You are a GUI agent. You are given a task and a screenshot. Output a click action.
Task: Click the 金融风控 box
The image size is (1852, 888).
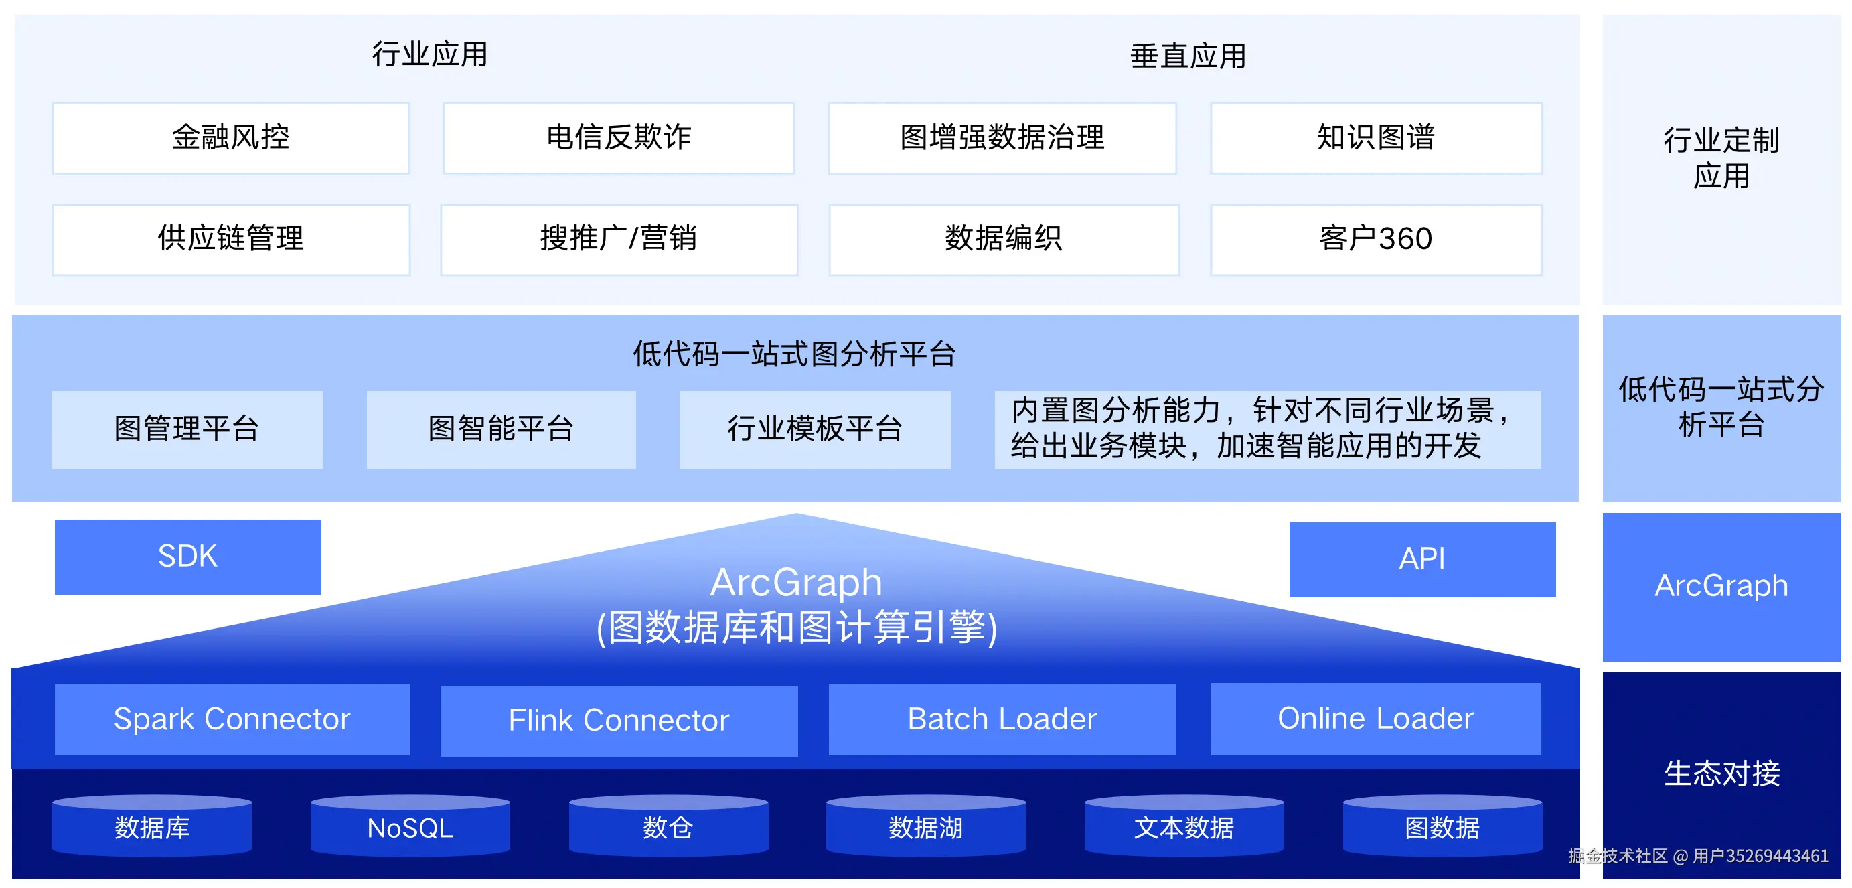[x=231, y=138]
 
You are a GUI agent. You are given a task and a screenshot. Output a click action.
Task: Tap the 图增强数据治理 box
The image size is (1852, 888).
[x=1002, y=138]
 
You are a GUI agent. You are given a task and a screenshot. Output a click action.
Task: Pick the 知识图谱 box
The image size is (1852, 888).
[x=1375, y=138]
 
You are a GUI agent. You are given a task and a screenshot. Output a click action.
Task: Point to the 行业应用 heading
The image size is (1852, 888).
[x=429, y=55]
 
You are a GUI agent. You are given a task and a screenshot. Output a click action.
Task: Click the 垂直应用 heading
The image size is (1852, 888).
[x=1188, y=56]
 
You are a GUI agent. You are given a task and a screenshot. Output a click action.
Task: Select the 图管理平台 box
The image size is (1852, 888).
[x=187, y=429]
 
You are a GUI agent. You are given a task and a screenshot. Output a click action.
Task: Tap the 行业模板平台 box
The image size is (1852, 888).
[x=815, y=429]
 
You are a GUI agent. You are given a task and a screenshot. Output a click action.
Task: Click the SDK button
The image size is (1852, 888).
[x=187, y=557]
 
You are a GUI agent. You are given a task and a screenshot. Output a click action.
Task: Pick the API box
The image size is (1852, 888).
[x=1421, y=559]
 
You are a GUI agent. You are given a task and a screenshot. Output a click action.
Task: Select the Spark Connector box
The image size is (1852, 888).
[x=232, y=719]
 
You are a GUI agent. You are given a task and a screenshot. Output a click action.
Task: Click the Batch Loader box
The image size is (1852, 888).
[x=1002, y=719]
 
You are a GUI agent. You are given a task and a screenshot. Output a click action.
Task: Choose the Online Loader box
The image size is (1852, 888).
[x=1375, y=719]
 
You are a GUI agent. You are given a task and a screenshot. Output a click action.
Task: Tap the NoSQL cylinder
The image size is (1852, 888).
[x=410, y=828]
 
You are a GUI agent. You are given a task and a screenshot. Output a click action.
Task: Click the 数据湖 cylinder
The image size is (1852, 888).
[x=925, y=828]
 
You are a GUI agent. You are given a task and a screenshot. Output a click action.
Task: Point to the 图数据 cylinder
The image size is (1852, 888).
[x=1442, y=828]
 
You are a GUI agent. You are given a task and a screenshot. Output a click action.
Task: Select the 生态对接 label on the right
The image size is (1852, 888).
[x=1721, y=773]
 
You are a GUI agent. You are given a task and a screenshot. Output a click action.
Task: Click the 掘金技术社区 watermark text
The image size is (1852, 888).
[x=1618, y=856]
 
